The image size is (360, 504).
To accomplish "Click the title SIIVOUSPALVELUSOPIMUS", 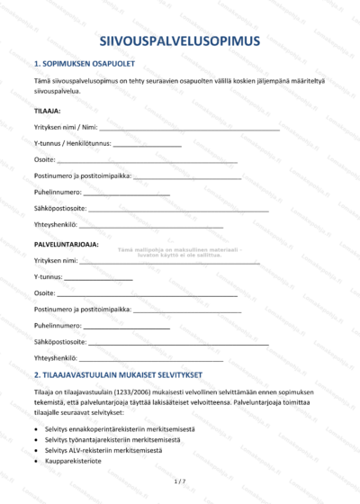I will pos(180,40).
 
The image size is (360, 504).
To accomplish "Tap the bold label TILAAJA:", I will pos(47,111).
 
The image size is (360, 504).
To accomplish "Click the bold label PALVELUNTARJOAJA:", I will pos(67,244).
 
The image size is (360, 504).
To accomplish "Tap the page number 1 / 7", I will pos(179,482).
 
